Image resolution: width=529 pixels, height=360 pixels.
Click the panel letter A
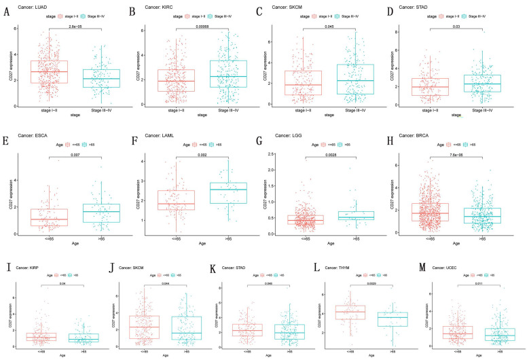7,11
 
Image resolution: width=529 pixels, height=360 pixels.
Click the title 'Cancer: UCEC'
465,258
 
